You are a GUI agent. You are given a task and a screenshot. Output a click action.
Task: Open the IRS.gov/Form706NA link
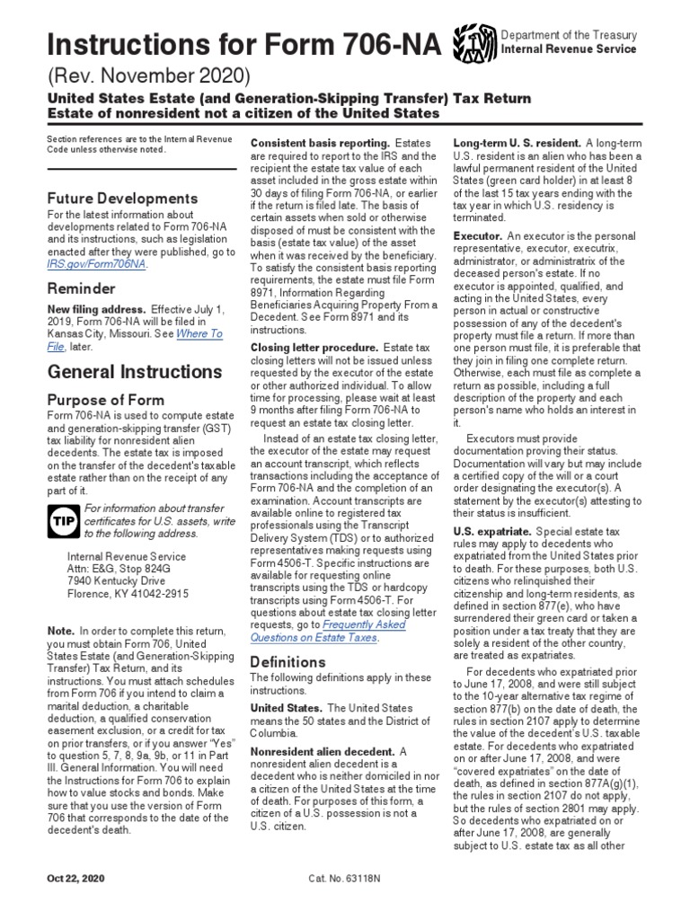pyautogui.click(x=98, y=265)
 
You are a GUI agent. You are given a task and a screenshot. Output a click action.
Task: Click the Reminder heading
pyautogui.click(x=81, y=289)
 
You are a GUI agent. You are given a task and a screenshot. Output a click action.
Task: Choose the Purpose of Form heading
pyautogui.click(x=105, y=400)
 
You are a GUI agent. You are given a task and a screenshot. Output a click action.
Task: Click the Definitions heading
pyautogui.click(x=287, y=662)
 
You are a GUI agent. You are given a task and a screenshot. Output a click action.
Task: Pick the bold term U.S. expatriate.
pyautogui.click(x=491, y=532)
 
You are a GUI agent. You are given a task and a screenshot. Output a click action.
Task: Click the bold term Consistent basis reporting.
pyautogui.click(x=319, y=144)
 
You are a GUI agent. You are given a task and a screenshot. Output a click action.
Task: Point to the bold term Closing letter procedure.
pyautogui.click(x=314, y=347)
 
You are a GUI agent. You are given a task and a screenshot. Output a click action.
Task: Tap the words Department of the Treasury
pyautogui.click(x=570, y=35)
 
